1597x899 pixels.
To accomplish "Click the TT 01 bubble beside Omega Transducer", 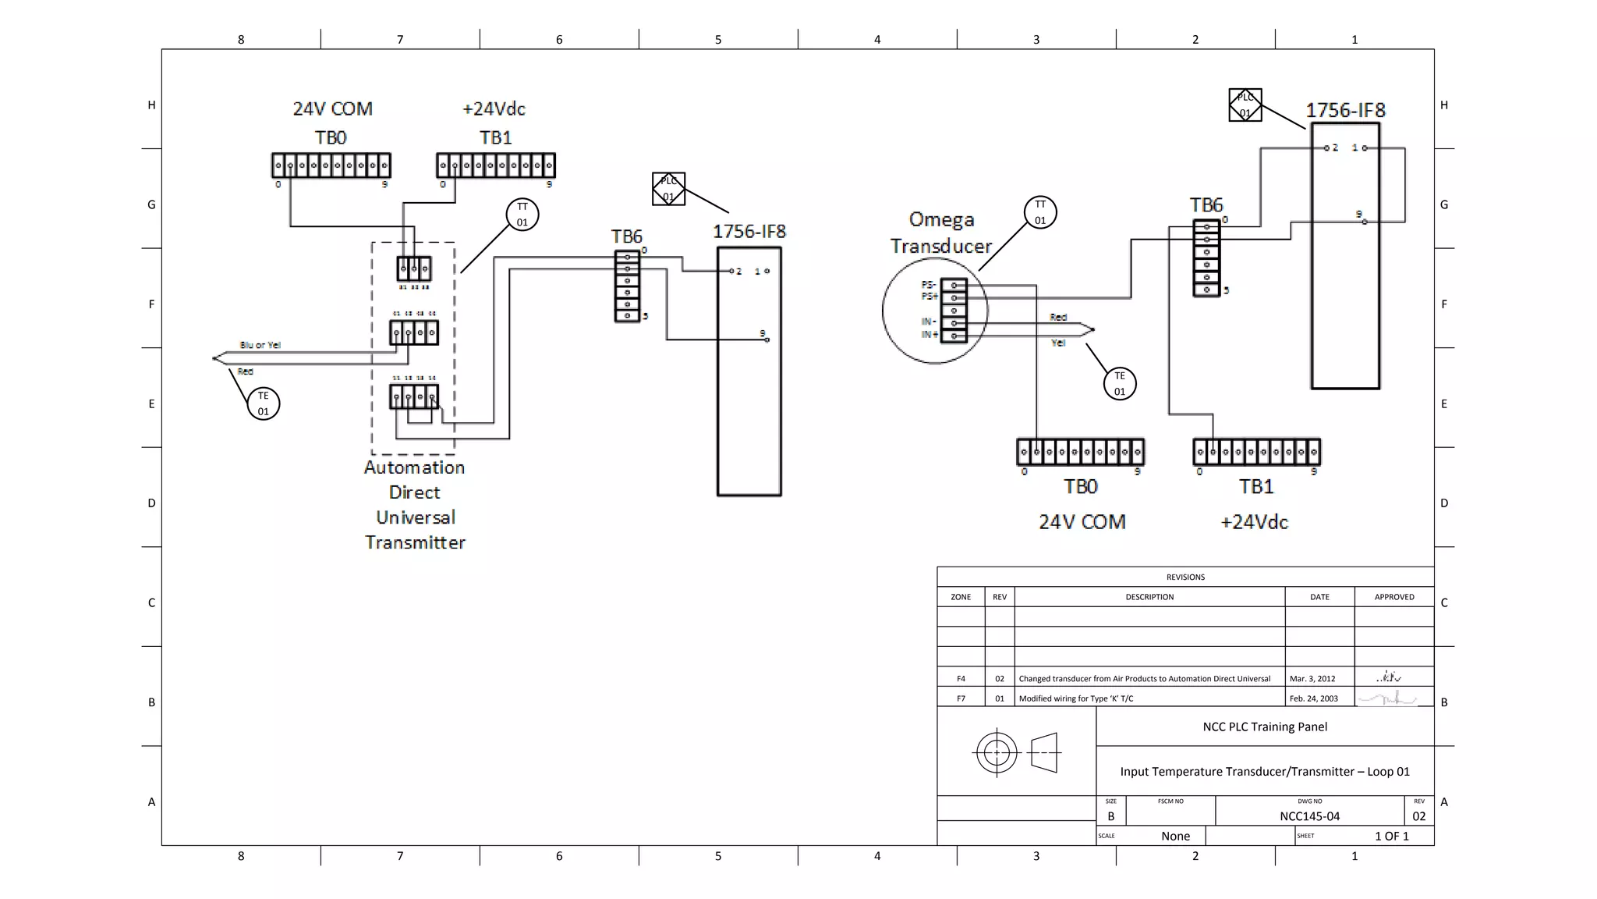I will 1040,212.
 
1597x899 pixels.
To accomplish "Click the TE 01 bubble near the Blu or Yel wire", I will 264,403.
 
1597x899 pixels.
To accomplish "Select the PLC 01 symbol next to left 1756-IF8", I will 668,189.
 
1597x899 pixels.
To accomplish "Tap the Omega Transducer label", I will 941,233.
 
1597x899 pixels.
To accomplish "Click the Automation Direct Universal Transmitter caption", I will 415,505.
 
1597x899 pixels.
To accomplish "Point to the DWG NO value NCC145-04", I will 1309,816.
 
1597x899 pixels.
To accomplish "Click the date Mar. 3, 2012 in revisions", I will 1312,678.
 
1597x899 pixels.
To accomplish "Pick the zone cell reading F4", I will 961,678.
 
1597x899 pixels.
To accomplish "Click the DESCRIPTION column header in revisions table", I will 1149,597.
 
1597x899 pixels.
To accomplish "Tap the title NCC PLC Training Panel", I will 1265,727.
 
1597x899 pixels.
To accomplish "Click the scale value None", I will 1175,836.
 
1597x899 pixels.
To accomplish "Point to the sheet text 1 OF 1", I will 1391,836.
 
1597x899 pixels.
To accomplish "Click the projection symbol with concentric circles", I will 997,752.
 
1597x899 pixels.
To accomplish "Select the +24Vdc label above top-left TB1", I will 494,108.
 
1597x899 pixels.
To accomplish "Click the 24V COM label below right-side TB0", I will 1082,522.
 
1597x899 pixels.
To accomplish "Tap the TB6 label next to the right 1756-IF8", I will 1206,205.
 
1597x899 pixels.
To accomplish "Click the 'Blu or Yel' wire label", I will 260,345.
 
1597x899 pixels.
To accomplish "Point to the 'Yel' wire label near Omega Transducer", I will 1057,343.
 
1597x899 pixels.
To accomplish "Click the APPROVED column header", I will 1394,597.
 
